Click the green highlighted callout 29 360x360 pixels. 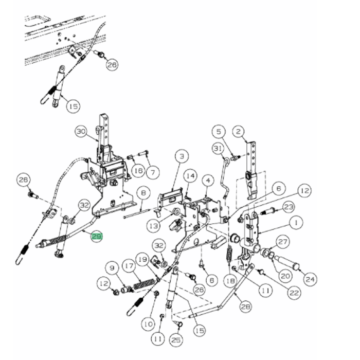pos(96,237)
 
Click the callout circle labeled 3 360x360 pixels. pos(181,155)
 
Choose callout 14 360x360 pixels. pos(190,176)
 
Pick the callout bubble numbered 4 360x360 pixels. pos(207,181)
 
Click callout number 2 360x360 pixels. pos(238,132)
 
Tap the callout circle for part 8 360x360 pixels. pos(143,193)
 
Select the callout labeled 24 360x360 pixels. pos(310,280)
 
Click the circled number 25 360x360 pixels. pos(176,340)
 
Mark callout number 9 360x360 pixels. pos(110,267)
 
